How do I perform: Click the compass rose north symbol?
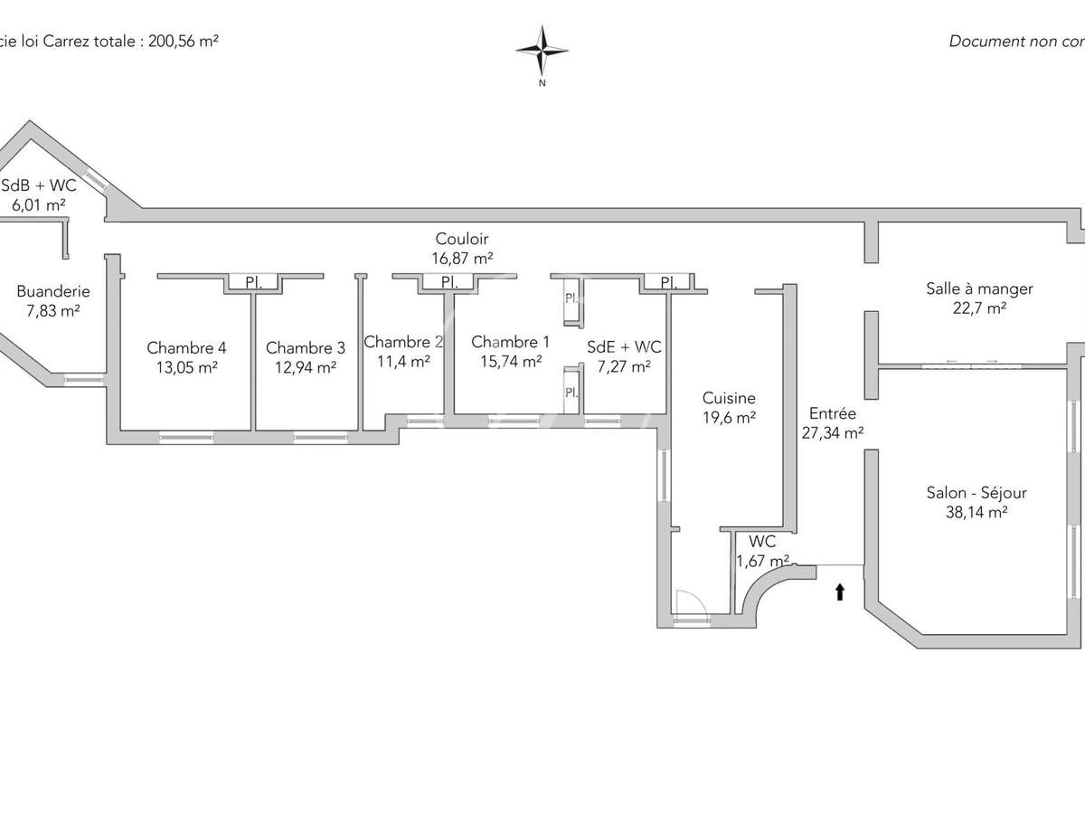coord(542,52)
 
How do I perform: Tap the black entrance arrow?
coord(840,592)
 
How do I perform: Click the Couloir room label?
coord(462,239)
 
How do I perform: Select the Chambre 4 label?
coord(186,347)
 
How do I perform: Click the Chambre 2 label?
coord(403,342)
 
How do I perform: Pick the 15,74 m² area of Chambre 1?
coord(510,361)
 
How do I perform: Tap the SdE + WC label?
coord(624,347)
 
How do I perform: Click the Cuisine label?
coord(729,398)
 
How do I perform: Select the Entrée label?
coord(832,413)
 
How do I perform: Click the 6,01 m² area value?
coord(38,204)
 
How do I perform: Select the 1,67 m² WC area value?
coord(762,561)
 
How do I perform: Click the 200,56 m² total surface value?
coord(180,41)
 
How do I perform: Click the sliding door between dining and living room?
coord(971,364)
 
